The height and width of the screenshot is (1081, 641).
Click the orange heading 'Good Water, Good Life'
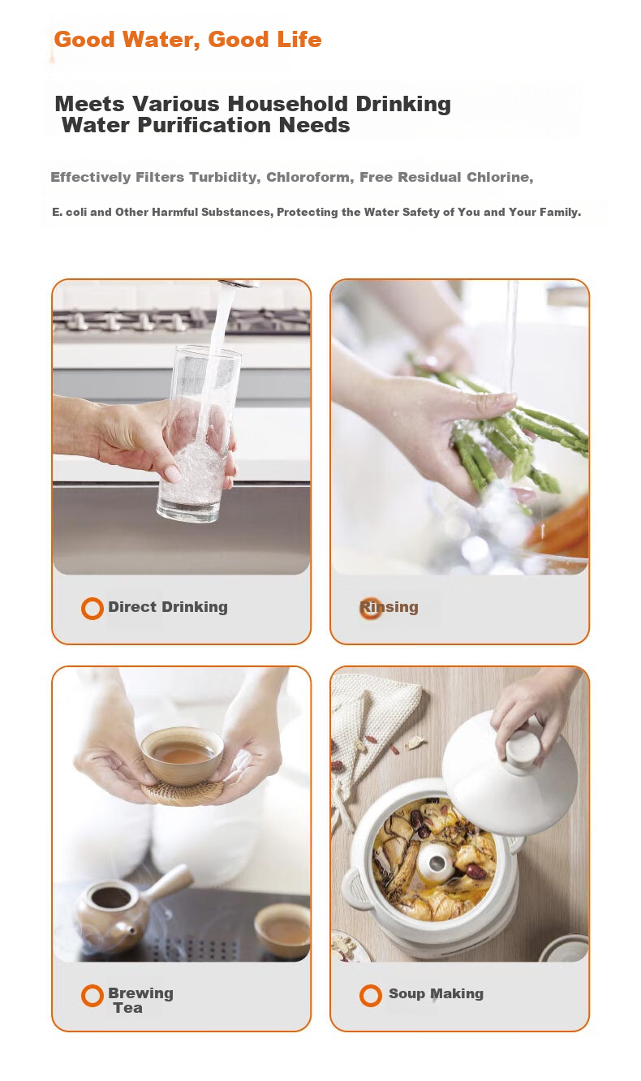pyautogui.click(x=187, y=40)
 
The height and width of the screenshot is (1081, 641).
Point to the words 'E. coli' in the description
pyautogui.click(x=70, y=213)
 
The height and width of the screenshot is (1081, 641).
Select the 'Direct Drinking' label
pyautogui.click(x=167, y=607)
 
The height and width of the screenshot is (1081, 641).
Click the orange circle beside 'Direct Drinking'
pyautogui.click(x=92, y=609)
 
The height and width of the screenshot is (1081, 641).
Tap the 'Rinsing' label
pyautogui.click(x=389, y=607)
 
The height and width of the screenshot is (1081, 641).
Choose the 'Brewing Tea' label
pyautogui.click(x=140, y=1001)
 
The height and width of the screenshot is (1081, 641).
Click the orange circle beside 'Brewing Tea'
pyautogui.click(x=92, y=995)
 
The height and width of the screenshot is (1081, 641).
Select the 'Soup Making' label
pyautogui.click(x=436, y=993)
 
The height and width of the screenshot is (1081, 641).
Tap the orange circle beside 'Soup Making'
pyautogui.click(x=371, y=995)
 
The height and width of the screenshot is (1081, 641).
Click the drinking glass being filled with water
pyautogui.click(x=198, y=433)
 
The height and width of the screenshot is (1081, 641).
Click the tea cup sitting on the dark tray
pyautogui.click(x=282, y=930)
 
